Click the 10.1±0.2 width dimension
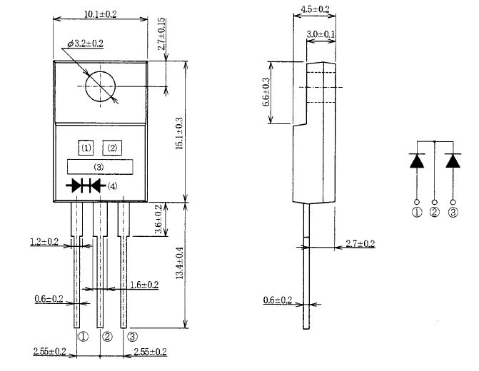coord(100,14)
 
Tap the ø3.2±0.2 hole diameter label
coord(86,44)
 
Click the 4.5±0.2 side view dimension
coord(315,9)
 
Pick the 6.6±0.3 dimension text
coord(266,92)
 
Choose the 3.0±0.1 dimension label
coord(322,34)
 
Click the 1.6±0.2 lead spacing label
coord(143,285)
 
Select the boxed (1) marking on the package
coord(86,148)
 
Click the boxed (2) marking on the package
coord(112,148)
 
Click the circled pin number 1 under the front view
coord(83,336)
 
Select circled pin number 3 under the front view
coord(132,336)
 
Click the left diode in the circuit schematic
coord(418,161)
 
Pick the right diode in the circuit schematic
coord(453,161)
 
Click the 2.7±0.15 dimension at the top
coord(163,34)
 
